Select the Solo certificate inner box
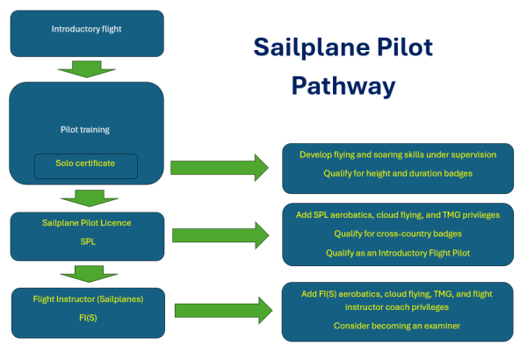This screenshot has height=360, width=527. click(x=86, y=164)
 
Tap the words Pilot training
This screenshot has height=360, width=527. click(x=86, y=130)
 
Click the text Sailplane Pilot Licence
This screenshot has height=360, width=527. click(x=86, y=223)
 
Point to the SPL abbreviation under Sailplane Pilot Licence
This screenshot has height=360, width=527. click(x=86, y=241)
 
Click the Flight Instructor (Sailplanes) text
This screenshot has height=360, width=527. click(x=86, y=300)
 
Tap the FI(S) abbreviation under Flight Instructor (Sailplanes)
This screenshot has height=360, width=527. click(x=86, y=318)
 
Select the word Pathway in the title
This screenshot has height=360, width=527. click(x=343, y=86)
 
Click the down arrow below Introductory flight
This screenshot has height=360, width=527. click(x=86, y=68)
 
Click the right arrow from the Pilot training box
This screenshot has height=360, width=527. click(x=219, y=166)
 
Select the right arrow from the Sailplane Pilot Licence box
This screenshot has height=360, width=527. click(x=219, y=234)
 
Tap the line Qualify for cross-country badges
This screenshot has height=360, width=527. click(x=397, y=234)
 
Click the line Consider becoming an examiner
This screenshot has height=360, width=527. click(x=397, y=326)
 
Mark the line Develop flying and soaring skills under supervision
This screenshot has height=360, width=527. click(x=397, y=155)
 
